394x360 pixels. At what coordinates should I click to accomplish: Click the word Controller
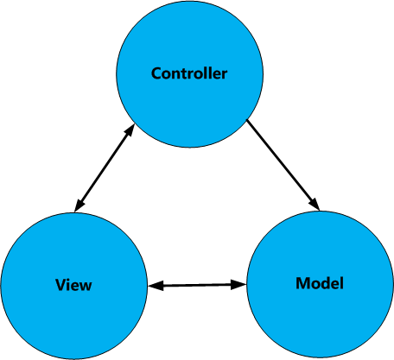coord(189,73)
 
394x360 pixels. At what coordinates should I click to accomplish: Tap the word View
coord(73,285)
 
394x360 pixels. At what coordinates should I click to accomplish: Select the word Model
coord(320,283)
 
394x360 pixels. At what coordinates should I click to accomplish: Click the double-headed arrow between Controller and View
coord(105,168)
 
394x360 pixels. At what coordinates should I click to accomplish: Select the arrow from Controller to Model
coord(283,165)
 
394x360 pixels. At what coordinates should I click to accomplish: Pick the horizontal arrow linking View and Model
coord(197,285)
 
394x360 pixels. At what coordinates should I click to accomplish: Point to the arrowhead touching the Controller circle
coord(130,131)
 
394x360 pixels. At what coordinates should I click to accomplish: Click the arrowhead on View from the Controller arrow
coord(79,205)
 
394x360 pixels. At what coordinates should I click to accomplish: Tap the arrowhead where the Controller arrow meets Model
coord(315,204)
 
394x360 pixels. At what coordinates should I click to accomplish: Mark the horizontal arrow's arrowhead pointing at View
coord(156,286)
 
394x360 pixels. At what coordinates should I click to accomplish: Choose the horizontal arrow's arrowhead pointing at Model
coord(238,285)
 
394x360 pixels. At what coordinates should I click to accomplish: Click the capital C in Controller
coord(156,73)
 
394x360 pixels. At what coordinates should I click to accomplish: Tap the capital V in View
coord(60,285)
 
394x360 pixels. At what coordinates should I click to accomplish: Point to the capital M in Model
coord(302,283)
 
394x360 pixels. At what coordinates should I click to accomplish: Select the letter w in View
coord(86,287)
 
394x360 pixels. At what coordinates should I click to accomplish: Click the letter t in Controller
coord(186,74)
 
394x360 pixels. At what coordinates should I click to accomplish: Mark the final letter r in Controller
coord(224,75)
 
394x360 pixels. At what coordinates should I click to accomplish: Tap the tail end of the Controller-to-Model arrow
coord(247,120)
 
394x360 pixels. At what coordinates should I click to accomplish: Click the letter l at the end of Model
coord(341,283)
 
